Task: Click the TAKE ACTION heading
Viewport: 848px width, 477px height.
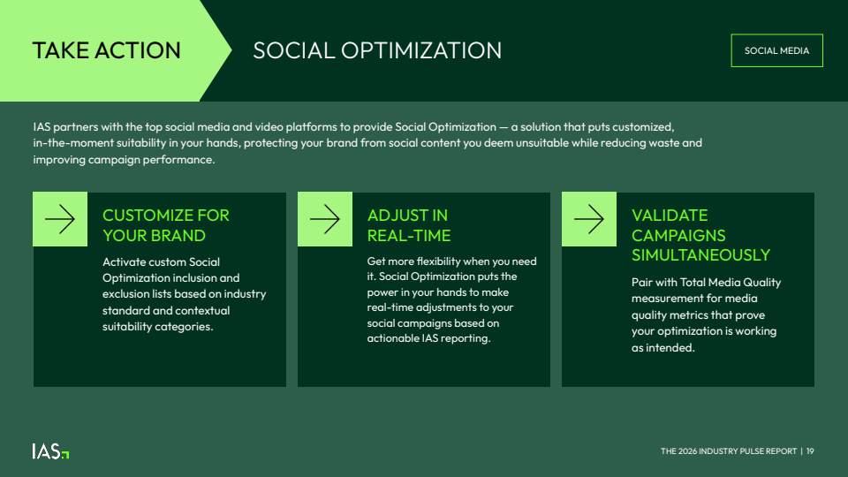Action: pos(107,51)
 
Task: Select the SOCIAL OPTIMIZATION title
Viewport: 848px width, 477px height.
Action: pos(377,51)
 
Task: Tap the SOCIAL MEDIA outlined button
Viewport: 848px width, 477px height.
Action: pos(776,50)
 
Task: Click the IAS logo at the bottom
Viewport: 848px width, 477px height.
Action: pos(50,451)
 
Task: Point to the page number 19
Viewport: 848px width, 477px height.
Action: pos(810,451)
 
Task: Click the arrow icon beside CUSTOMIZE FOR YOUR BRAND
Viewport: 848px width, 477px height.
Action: pos(60,219)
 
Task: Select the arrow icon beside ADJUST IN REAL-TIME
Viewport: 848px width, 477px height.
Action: pos(325,219)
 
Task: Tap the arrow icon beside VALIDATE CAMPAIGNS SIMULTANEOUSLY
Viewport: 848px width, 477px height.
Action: pos(589,219)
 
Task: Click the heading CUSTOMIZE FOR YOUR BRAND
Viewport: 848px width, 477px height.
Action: pos(165,225)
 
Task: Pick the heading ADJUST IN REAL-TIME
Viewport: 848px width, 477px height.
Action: pos(409,225)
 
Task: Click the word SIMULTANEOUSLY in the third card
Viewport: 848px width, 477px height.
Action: pos(700,254)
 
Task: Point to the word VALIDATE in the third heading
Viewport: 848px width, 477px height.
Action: pos(670,216)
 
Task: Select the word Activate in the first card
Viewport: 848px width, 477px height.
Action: pos(124,261)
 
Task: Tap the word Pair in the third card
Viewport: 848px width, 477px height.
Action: pos(642,283)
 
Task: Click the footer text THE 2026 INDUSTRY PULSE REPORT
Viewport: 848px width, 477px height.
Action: pos(729,451)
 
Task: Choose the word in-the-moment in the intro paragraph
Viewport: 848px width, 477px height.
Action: pos(73,143)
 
